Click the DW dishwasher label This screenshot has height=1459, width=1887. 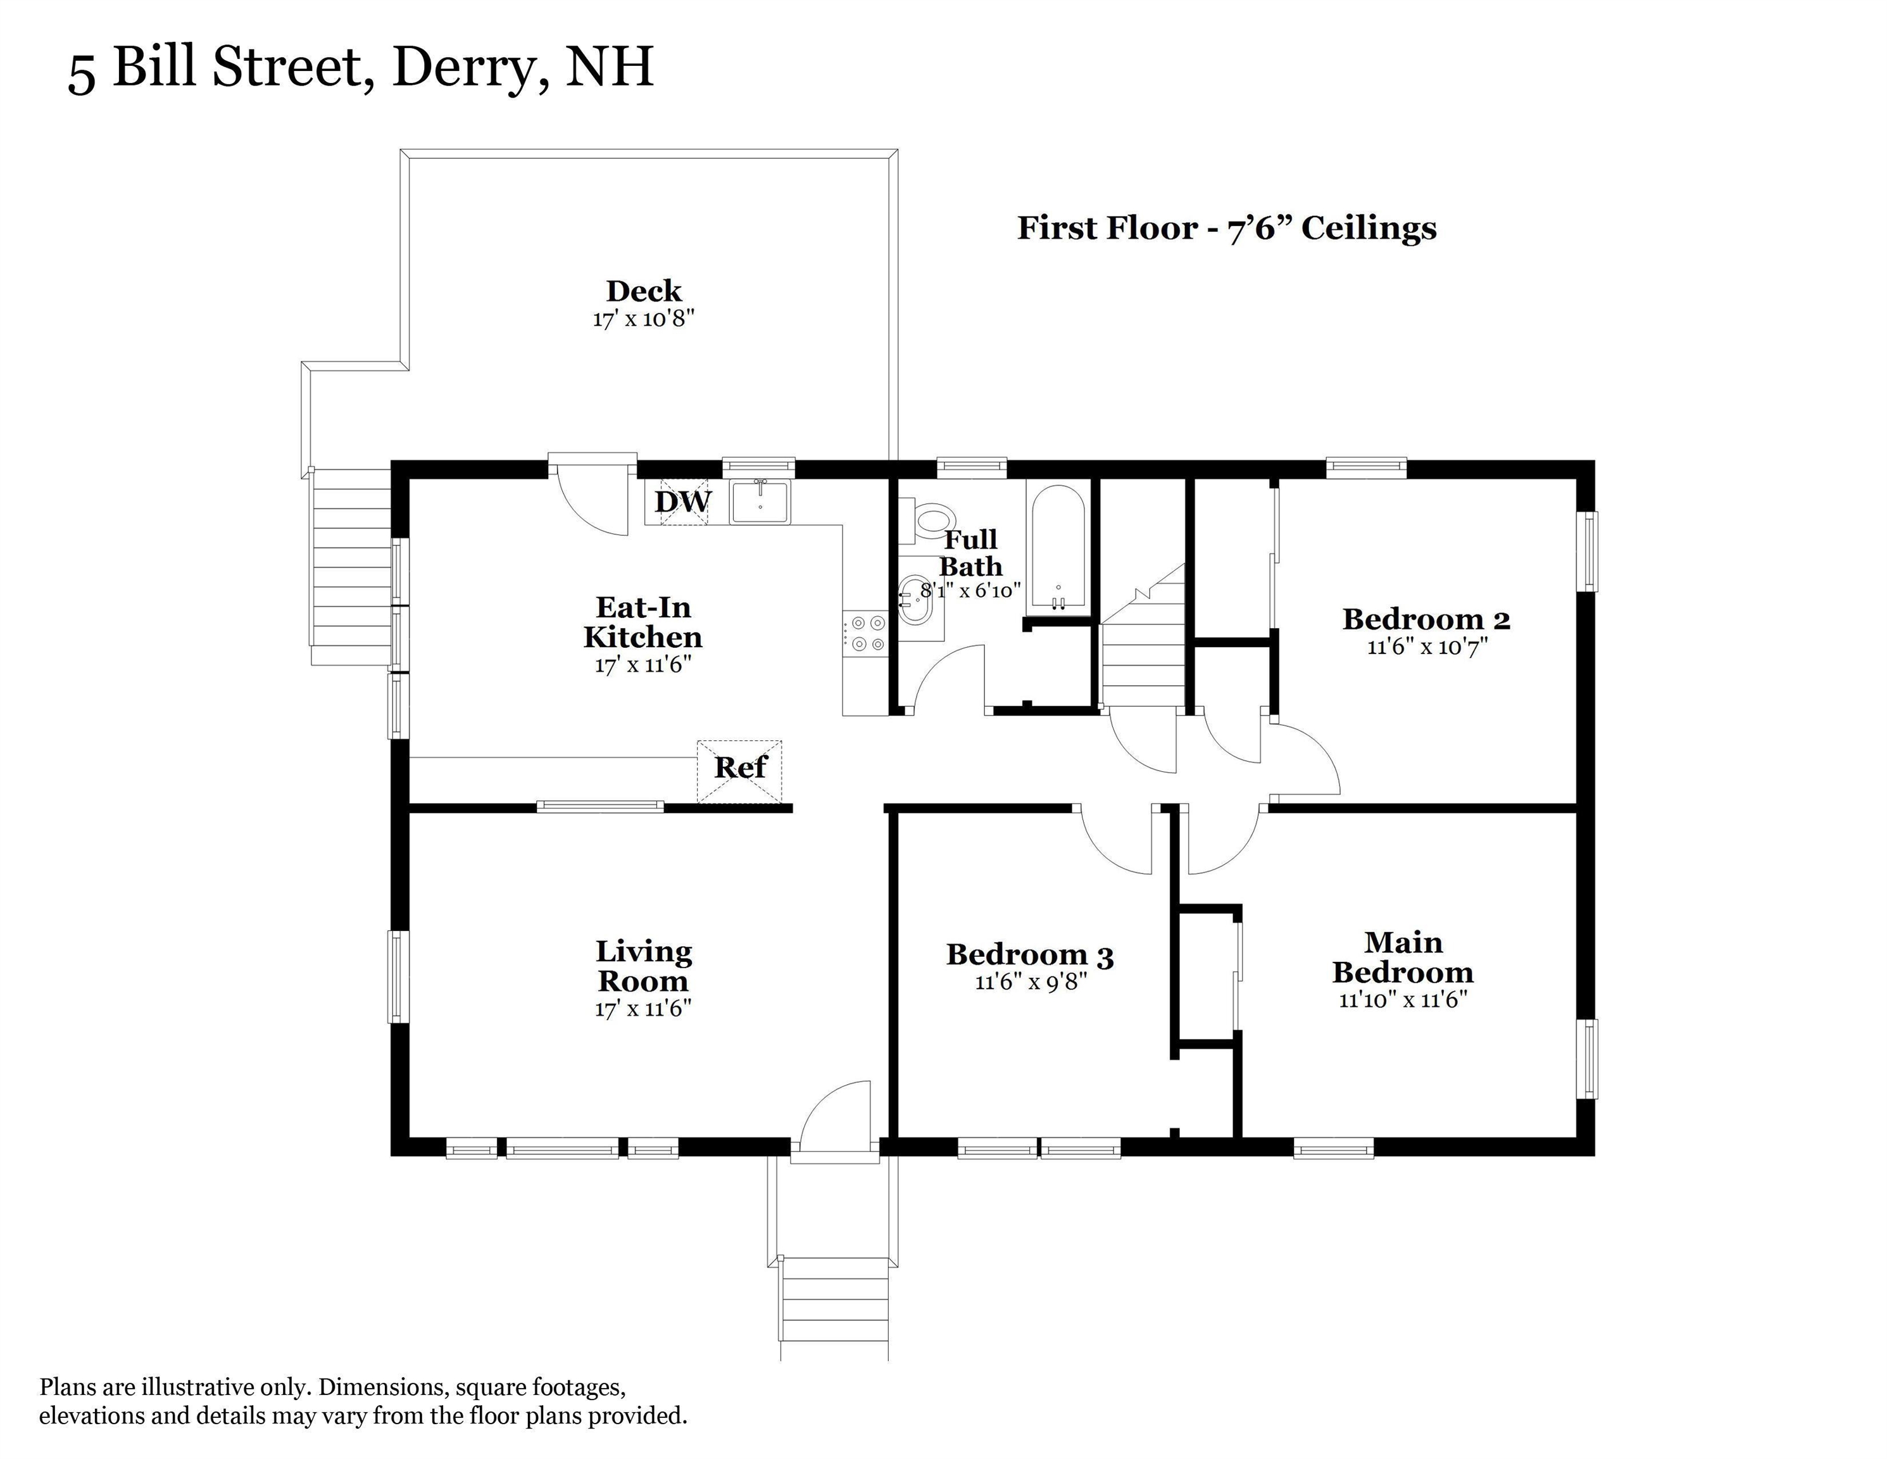[682, 502]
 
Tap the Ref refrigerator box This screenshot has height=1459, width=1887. [739, 767]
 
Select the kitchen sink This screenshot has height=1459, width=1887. [760, 502]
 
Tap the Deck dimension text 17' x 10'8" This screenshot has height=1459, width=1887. [644, 319]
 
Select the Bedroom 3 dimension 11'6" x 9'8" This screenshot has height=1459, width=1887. [1030, 982]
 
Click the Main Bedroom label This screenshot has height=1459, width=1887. [1403, 957]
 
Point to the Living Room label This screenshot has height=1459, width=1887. [644, 966]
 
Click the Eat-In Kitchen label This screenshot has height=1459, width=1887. [644, 622]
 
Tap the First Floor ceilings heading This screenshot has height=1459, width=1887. [1227, 228]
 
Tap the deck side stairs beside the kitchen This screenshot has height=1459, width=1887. [351, 566]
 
